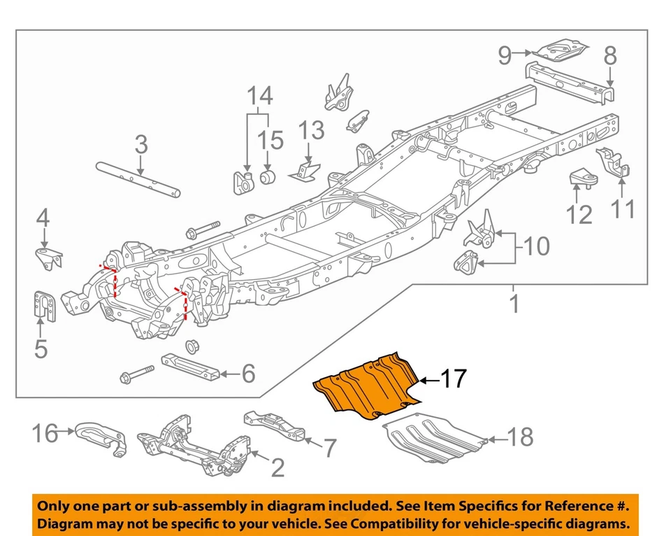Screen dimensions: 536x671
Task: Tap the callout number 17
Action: pos(454,379)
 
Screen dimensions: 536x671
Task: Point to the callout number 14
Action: pos(260,96)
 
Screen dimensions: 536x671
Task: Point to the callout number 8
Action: pos(610,54)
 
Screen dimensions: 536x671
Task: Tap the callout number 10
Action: pos(536,246)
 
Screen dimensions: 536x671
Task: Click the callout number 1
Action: pos(514,304)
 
